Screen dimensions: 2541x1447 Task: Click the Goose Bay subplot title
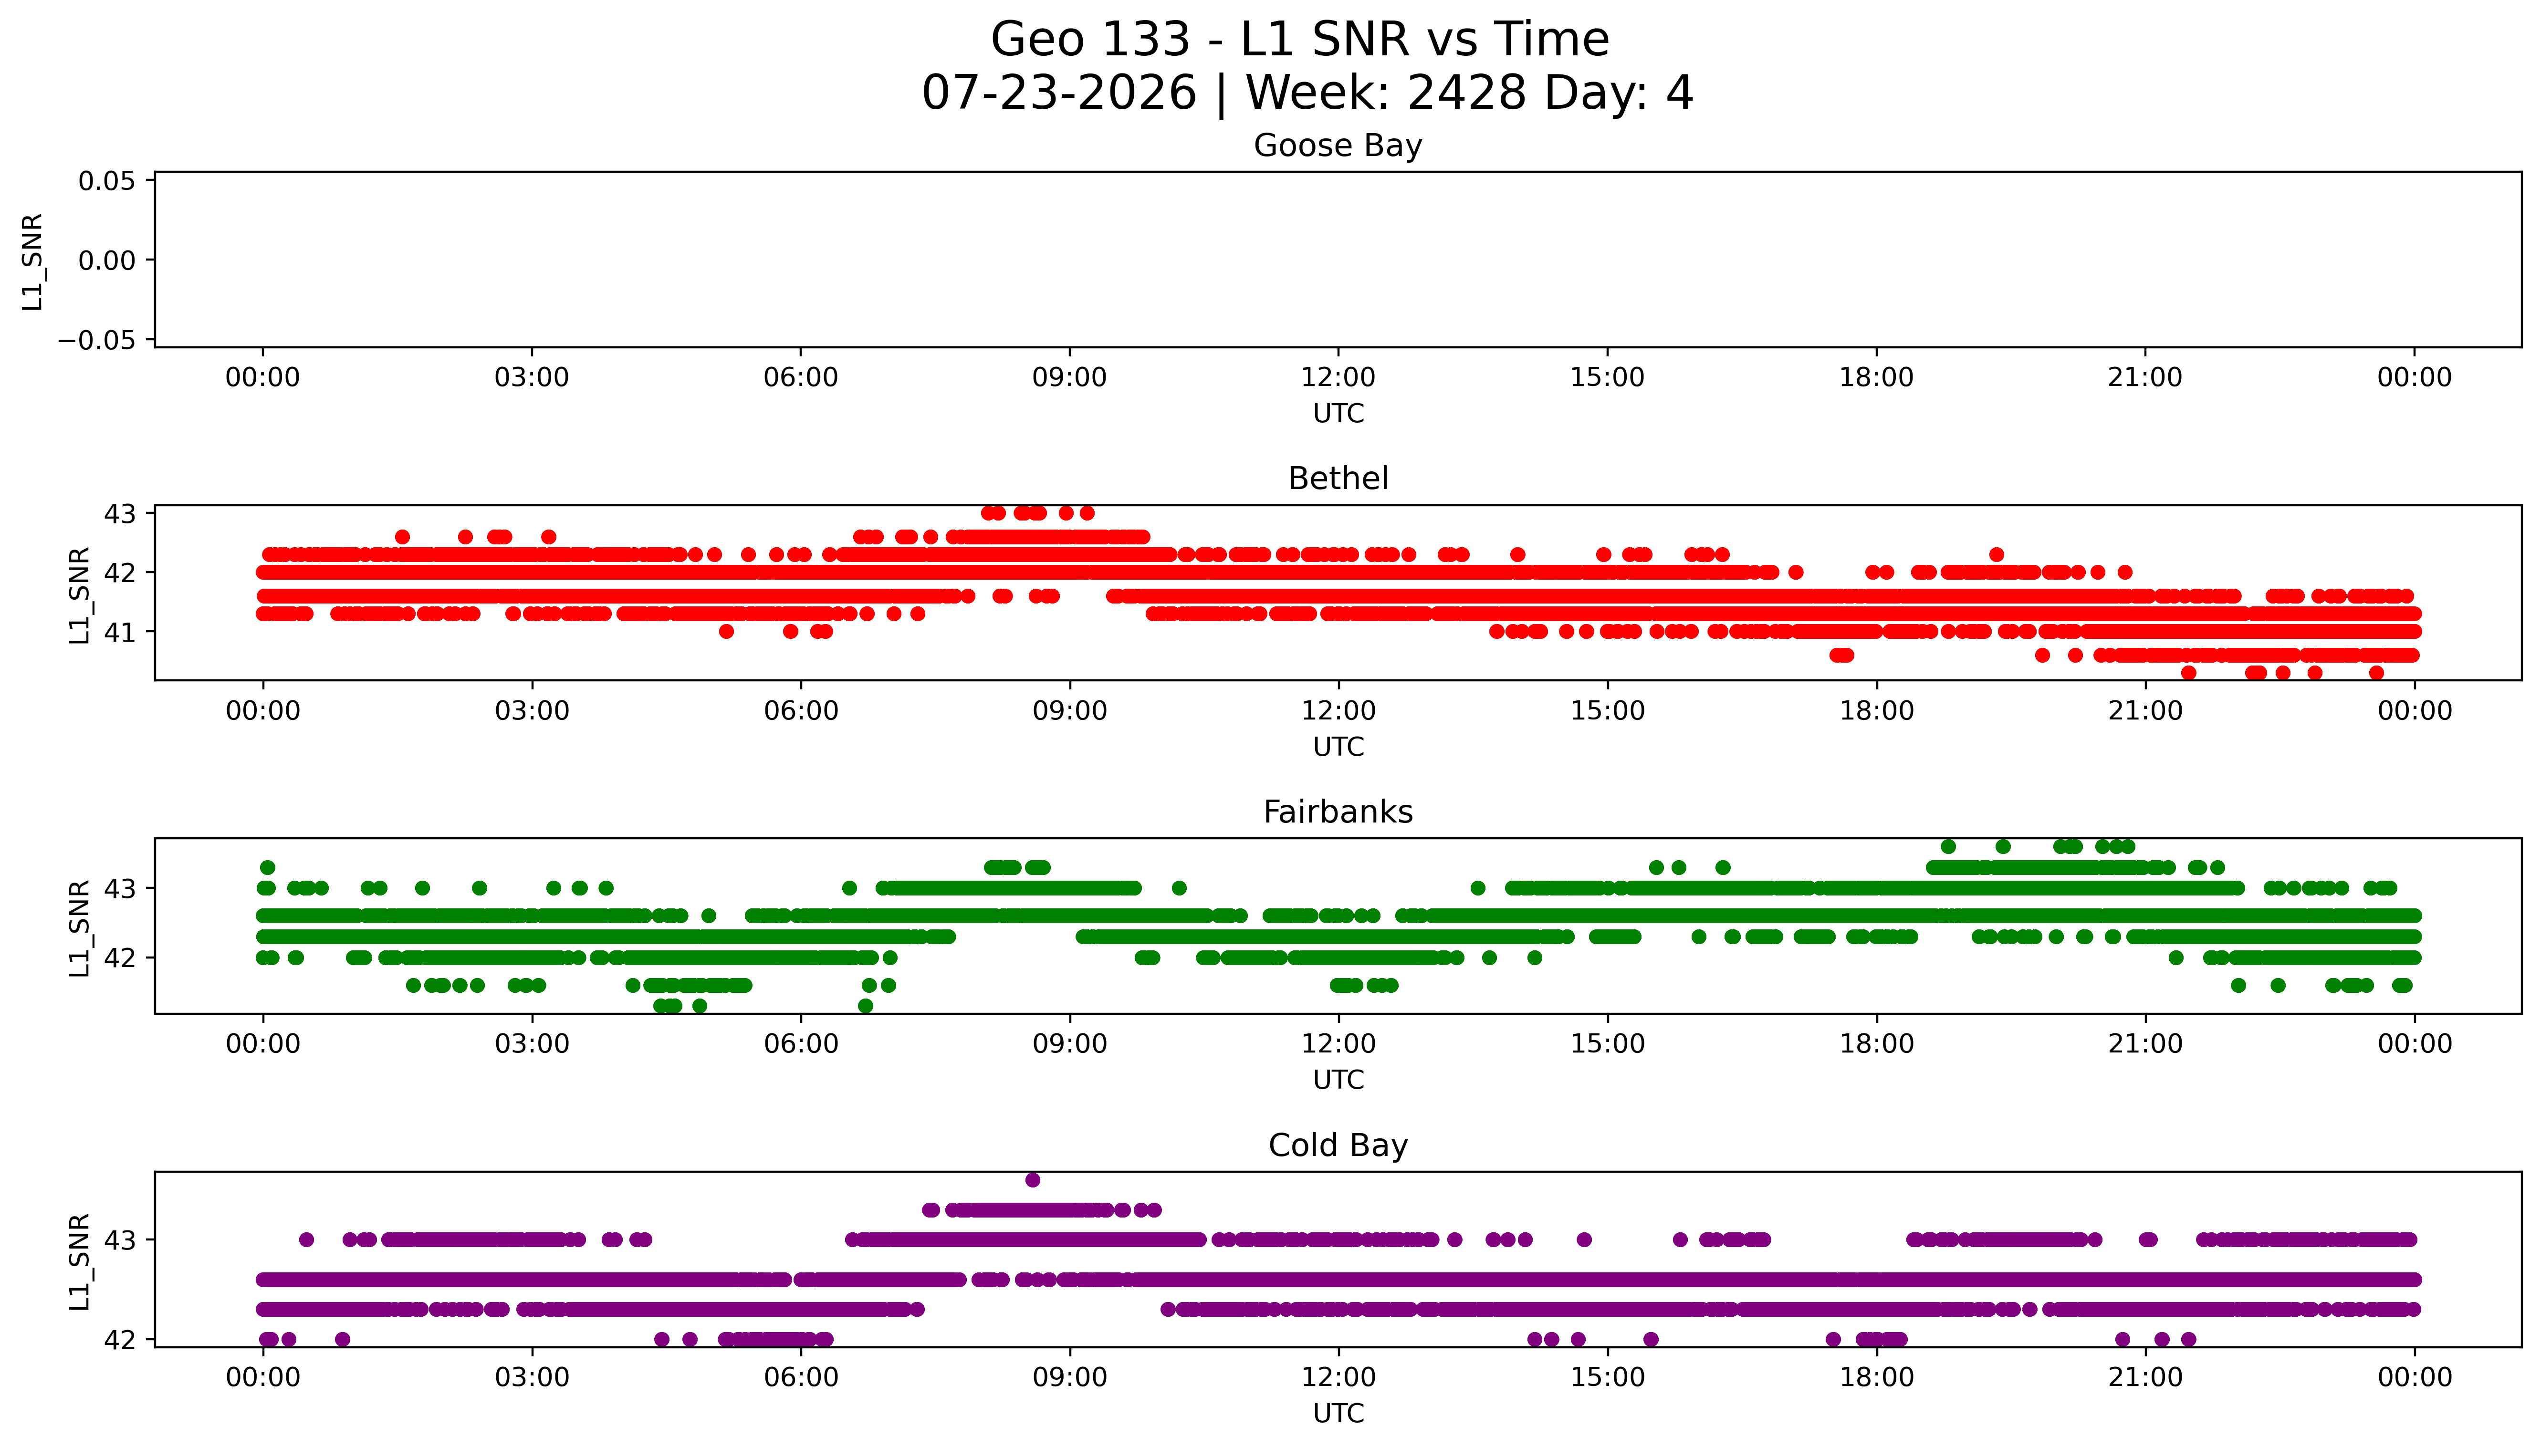(1338, 146)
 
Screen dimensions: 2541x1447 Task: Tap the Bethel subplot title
(1338, 479)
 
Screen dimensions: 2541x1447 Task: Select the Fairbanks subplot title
(1338, 812)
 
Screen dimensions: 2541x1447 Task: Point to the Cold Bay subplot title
(1338, 1146)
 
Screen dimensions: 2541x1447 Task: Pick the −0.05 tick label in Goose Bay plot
(96, 340)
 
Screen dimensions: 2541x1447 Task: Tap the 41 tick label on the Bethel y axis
(120, 632)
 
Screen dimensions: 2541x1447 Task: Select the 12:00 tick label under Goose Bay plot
(1338, 378)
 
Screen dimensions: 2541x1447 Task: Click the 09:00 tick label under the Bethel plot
(1069, 710)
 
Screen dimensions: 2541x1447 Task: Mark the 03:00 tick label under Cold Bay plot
(532, 1377)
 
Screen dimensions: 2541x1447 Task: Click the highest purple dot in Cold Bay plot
(1033, 1180)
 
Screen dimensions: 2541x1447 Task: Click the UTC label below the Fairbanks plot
(1338, 1080)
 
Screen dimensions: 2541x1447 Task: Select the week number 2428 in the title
(1466, 94)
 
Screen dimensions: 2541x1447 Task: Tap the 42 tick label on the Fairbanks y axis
(120, 958)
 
